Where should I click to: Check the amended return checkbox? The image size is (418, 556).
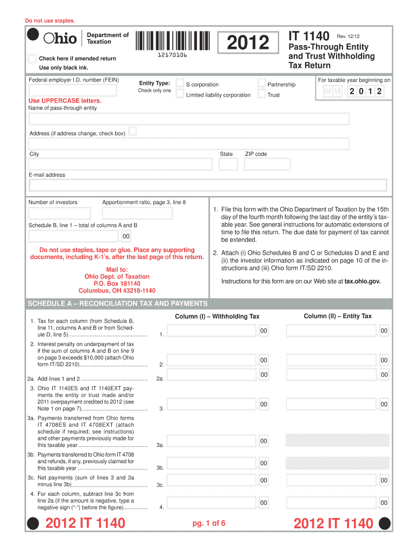coord(32,58)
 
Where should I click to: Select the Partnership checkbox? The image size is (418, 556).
coord(262,84)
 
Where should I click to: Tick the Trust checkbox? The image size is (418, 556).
coord(262,94)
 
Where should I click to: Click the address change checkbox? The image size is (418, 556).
coord(132,132)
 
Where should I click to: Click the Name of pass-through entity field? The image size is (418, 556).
coord(189,119)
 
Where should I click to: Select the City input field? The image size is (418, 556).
coord(120,164)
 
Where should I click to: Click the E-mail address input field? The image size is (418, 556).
coord(207,186)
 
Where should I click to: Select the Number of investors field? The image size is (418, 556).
coord(61,212)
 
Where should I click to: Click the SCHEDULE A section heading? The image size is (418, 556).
coord(118,304)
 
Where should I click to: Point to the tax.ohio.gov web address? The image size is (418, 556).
coord(363,281)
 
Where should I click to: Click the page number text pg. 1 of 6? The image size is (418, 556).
coord(208,523)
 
